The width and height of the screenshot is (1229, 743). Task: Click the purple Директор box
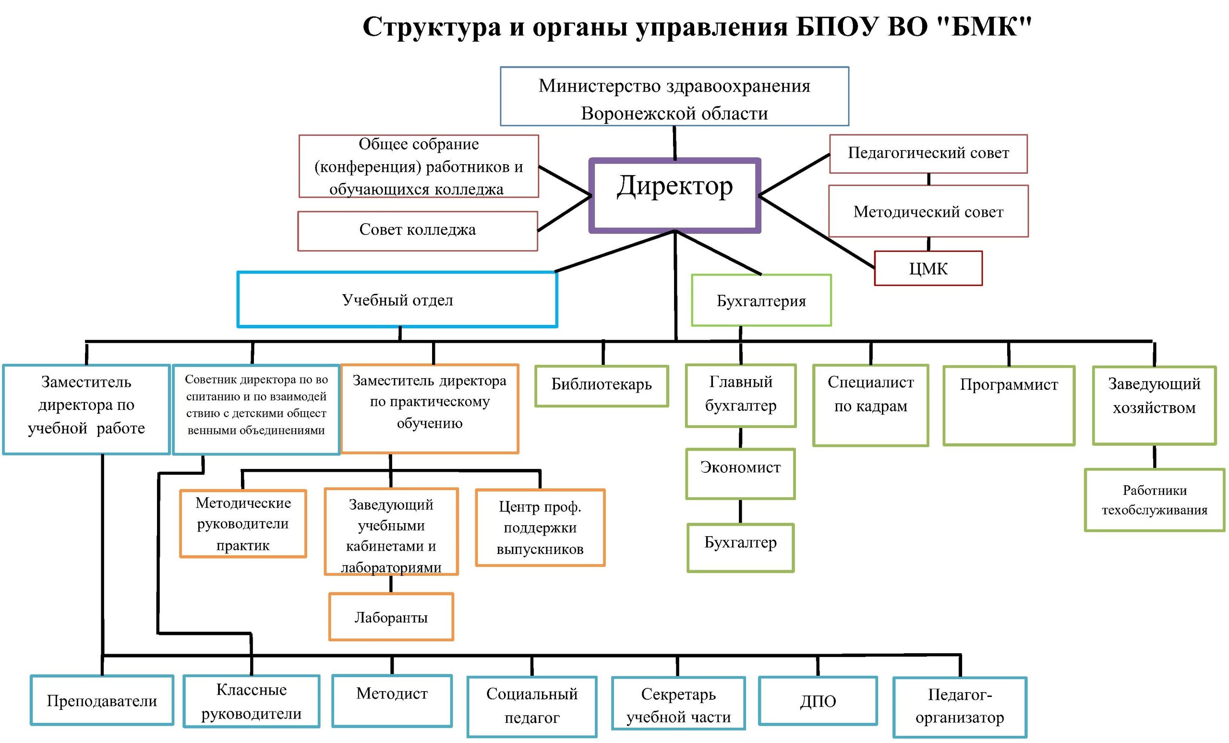pos(675,195)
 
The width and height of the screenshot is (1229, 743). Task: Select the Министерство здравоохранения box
pos(675,96)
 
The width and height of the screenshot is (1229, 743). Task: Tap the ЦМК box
pos(928,268)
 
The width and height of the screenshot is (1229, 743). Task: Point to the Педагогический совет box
pos(928,154)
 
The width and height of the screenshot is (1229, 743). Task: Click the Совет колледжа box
pos(418,231)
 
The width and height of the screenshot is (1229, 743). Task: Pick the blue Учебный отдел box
pos(397,300)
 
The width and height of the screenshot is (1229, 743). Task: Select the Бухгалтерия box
pos(761,300)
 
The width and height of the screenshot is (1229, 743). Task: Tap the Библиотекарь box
pos(602,386)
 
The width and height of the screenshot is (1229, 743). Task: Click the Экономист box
pos(740,474)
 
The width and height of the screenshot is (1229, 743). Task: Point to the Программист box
pos(1009,406)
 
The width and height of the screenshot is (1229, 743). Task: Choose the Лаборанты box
pos(391,617)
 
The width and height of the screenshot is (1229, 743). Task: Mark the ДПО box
pos(818,701)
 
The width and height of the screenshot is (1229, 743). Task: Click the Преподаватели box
pos(102,700)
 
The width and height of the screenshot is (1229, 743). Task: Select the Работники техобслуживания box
pos(1155,500)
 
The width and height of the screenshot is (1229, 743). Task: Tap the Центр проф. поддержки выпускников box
pos(540,527)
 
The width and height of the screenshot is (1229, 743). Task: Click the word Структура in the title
pos(432,27)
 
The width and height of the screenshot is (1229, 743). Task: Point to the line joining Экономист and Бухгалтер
pos(740,512)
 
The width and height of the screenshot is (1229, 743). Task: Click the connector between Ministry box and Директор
pos(675,143)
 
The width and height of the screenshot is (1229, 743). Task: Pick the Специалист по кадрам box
pos(870,406)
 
